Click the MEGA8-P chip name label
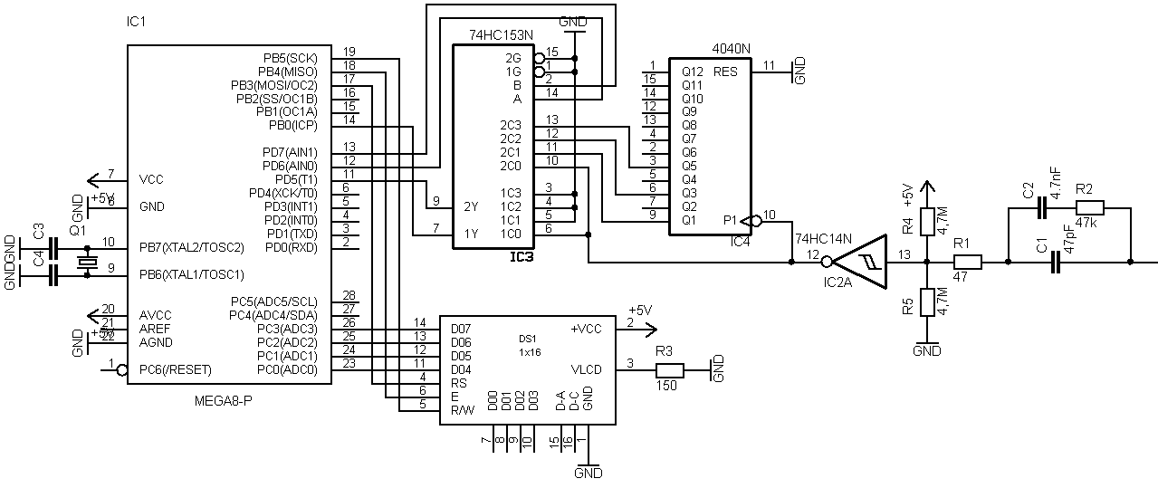[223, 399]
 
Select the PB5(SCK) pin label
[290, 57]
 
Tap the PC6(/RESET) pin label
[176, 369]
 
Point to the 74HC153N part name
[502, 34]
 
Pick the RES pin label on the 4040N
[725, 71]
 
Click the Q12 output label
[691, 71]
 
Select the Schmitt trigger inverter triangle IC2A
[861, 262]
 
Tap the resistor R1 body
[968, 262]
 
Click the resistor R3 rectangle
[669, 369]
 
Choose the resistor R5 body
[927, 301]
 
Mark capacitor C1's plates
[1054, 262]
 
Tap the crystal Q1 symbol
[87, 261]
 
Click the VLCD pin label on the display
[586, 369]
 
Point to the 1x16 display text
[530, 351]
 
